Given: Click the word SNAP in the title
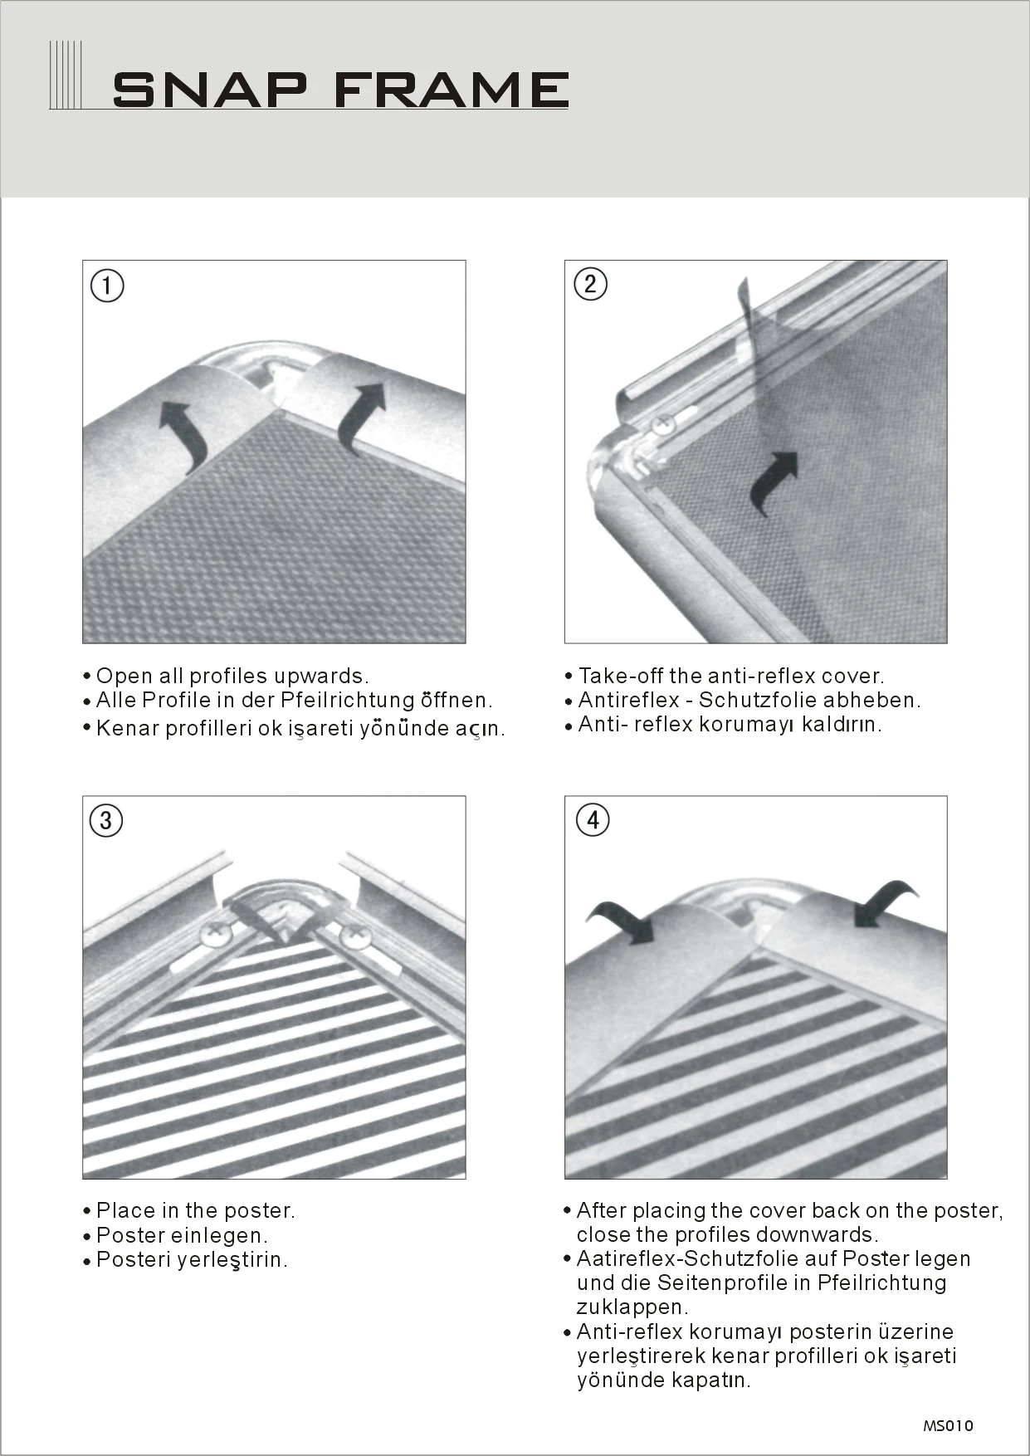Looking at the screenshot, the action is click(x=210, y=90).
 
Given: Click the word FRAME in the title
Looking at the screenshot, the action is click(x=452, y=90).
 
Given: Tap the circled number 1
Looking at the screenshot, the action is click(x=107, y=286).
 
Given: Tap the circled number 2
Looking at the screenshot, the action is click(x=591, y=284).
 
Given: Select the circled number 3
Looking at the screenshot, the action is click(x=106, y=820).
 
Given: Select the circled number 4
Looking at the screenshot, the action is click(x=593, y=819).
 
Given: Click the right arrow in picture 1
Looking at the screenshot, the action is click(x=363, y=415).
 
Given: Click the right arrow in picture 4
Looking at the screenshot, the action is click(x=885, y=904).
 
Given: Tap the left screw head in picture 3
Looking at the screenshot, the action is click(x=215, y=934).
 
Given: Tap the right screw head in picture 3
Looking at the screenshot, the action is click(x=358, y=936).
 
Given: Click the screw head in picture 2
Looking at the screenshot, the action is click(x=663, y=424).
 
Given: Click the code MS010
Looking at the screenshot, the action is click(x=948, y=1425).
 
